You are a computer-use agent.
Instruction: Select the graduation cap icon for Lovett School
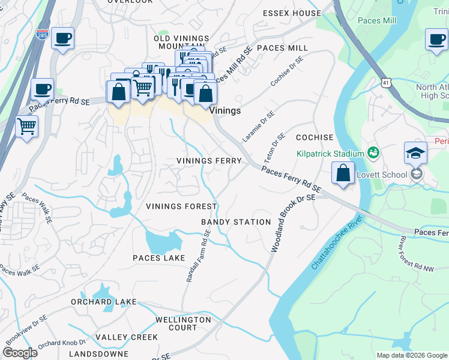[x=415, y=154]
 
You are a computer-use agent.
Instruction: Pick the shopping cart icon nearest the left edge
[x=26, y=127]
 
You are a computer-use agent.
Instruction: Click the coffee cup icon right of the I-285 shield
[x=62, y=39]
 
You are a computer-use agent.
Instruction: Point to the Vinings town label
[x=225, y=110]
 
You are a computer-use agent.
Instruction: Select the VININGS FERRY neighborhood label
[x=209, y=161]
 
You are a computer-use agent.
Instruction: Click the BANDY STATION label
[x=236, y=222]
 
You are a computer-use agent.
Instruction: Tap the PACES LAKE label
[x=159, y=258]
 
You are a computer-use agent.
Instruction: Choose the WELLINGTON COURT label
[x=184, y=324]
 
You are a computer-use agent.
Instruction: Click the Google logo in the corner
[x=20, y=353]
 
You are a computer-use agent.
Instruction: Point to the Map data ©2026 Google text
[x=411, y=355]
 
